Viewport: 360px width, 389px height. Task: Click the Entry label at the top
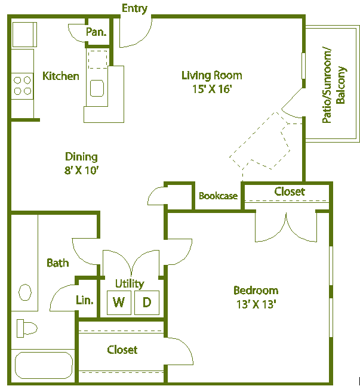coord(134,8)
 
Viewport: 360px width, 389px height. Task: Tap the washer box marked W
coord(119,302)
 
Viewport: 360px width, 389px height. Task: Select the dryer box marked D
coord(146,302)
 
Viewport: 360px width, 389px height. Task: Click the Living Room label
coord(212,75)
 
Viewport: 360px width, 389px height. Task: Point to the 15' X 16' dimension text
coord(211,89)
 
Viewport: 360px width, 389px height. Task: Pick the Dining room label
coord(81,157)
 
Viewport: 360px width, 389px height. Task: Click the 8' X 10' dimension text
coord(81,171)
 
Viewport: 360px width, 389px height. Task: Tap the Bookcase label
coord(218,196)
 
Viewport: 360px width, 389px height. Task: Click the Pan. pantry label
coord(96,32)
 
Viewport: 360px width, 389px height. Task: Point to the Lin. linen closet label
coord(85,300)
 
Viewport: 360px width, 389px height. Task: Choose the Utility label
coord(130,283)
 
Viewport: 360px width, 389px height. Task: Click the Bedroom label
coord(256,291)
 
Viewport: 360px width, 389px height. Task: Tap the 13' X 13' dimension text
coord(256,304)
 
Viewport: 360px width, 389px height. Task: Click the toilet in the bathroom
coord(26,327)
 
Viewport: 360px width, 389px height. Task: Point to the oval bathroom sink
coord(26,292)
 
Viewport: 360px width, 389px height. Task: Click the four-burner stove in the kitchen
coord(22,85)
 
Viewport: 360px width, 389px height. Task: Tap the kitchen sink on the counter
coord(97,88)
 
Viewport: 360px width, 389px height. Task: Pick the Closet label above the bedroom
coord(290,192)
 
